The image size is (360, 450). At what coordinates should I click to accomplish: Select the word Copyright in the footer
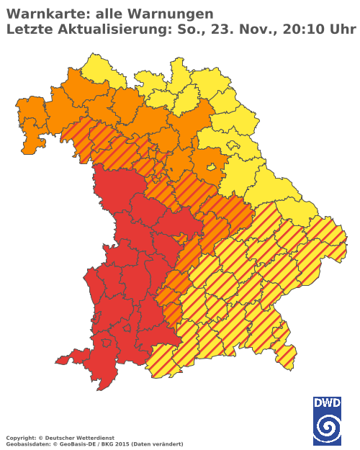tap(19, 437)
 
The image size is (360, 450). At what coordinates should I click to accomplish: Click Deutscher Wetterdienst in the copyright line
tap(73, 437)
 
